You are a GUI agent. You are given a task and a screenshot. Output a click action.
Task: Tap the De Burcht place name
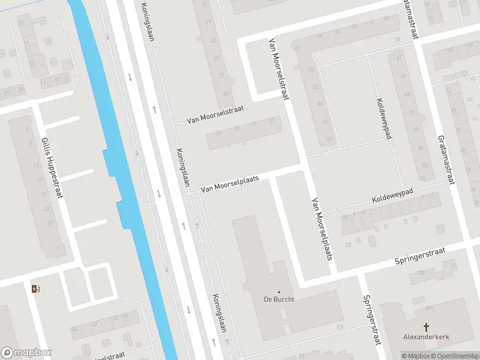tap(278, 299)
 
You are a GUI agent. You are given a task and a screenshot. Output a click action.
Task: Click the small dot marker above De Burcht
tap(278, 292)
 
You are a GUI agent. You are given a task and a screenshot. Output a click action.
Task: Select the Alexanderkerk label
tap(427, 337)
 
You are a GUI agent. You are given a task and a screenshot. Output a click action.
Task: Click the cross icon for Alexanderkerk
tap(427, 327)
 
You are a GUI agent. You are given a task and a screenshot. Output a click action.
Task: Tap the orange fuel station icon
tap(35, 289)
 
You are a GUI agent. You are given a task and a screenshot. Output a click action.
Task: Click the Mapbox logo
tap(26, 353)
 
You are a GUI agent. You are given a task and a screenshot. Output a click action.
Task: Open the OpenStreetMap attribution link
tap(454, 356)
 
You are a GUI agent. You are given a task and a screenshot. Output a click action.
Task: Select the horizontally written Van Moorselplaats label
tap(230, 184)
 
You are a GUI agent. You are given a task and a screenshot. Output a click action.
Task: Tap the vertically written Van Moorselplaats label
tap(321, 229)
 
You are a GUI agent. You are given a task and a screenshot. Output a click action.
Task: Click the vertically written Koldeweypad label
tap(384, 118)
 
